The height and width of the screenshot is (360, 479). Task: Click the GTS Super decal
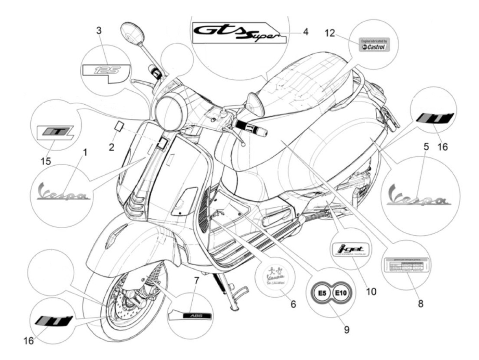[236, 33]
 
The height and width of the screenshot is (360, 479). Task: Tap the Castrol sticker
[374, 44]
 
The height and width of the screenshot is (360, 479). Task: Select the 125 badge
[107, 71]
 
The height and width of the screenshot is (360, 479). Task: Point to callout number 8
[420, 303]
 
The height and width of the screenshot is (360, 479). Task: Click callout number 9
[347, 329]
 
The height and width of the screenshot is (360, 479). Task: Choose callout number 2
[112, 147]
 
